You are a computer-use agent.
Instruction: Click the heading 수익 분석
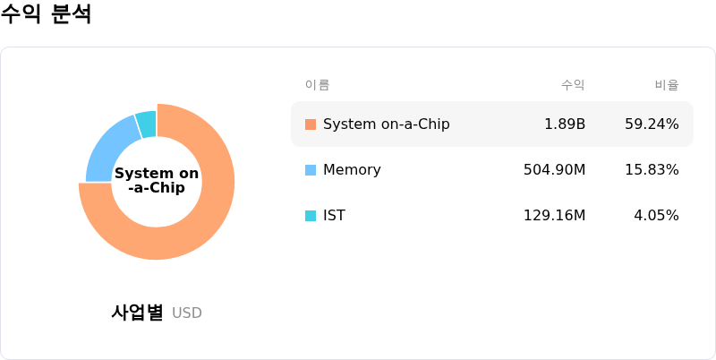point(46,13)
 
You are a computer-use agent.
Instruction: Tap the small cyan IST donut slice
point(147,124)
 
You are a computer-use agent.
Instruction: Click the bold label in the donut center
point(157,181)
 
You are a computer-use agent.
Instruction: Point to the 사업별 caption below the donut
point(137,313)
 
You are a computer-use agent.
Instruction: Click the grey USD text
point(187,313)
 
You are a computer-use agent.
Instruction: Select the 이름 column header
point(318,85)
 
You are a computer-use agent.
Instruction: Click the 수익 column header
point(573,85)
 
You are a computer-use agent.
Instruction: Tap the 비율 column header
point(667,85)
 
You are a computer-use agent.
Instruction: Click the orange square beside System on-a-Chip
point(311,124)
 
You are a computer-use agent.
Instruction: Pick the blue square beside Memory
point(311,170)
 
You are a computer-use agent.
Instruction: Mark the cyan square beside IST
point(311,216)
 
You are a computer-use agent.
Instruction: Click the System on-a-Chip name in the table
point(387,124)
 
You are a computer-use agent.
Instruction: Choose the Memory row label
point(352,170)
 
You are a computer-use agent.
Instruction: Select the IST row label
point(334,215)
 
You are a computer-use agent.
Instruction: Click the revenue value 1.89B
point(565,124)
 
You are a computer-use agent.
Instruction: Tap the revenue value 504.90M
point(554,170)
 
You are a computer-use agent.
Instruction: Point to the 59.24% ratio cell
point(652,124)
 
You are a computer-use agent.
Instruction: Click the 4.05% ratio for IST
point(656,215)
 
